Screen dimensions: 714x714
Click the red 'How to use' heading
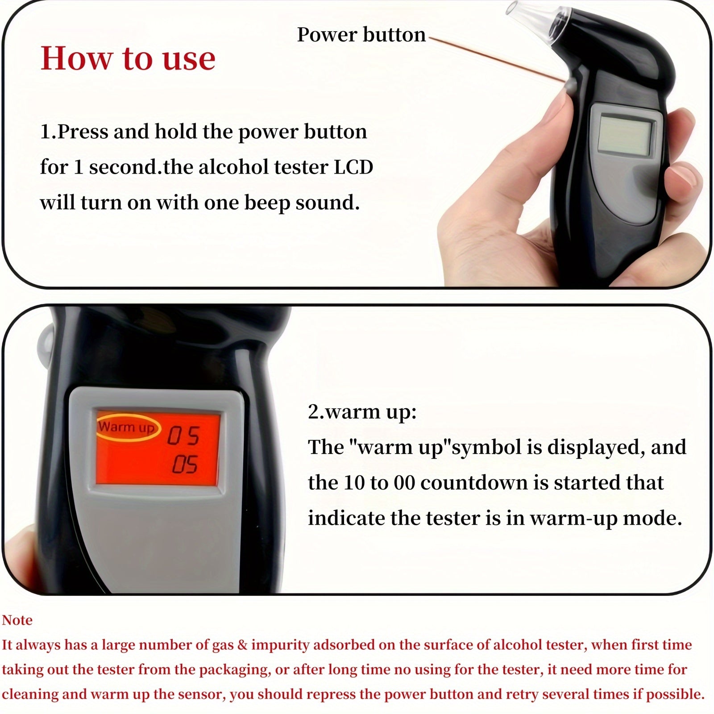pos(128,58)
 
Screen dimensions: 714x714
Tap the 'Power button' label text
pos(361,35)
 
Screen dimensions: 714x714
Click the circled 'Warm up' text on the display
pos(127,427)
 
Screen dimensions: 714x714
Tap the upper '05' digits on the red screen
pos(183,436)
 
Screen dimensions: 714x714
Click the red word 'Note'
pos(17,620)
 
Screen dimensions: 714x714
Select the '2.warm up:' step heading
pos(362,412)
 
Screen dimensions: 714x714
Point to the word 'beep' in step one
pos(267,203)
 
